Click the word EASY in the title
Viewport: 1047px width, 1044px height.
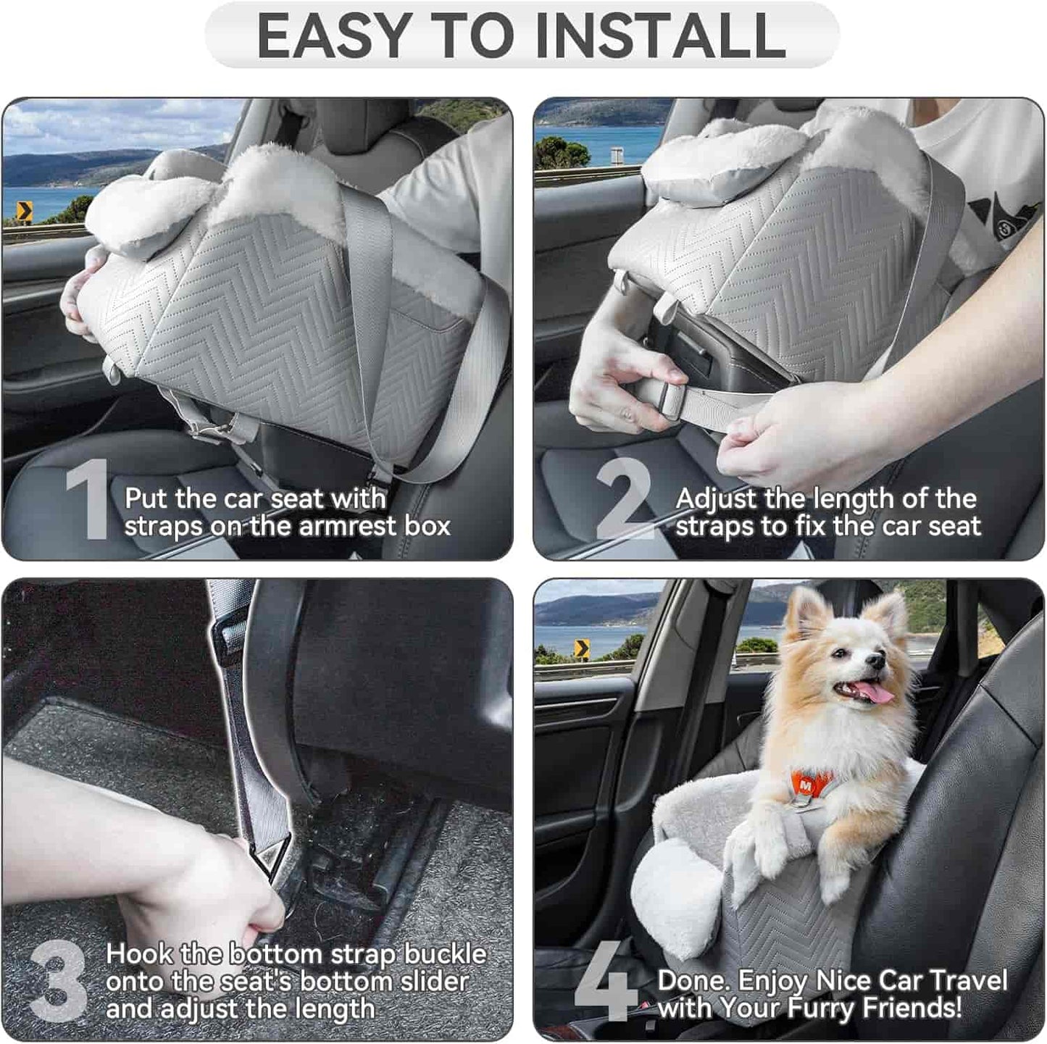coord(334,36)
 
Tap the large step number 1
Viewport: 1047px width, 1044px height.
coord(88,500)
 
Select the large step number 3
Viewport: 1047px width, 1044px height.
coord(59,981)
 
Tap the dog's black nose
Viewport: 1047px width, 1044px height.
coord(877,661)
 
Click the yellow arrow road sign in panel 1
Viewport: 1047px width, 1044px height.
coord(25,212)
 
